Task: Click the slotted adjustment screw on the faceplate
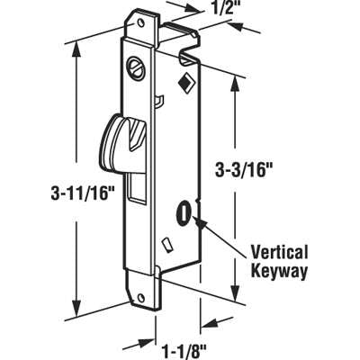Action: [x=136, y=66]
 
